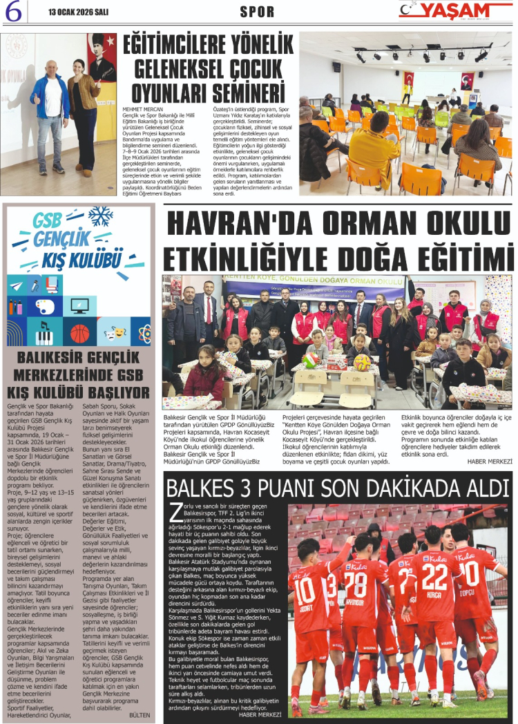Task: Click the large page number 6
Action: coord(15,12)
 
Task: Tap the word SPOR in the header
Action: coord(257,12)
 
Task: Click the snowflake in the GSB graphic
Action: coord(101,216)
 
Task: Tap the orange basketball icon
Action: coord(80,334)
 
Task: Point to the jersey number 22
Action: coord(434,576)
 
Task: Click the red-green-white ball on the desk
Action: coord(311,361)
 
